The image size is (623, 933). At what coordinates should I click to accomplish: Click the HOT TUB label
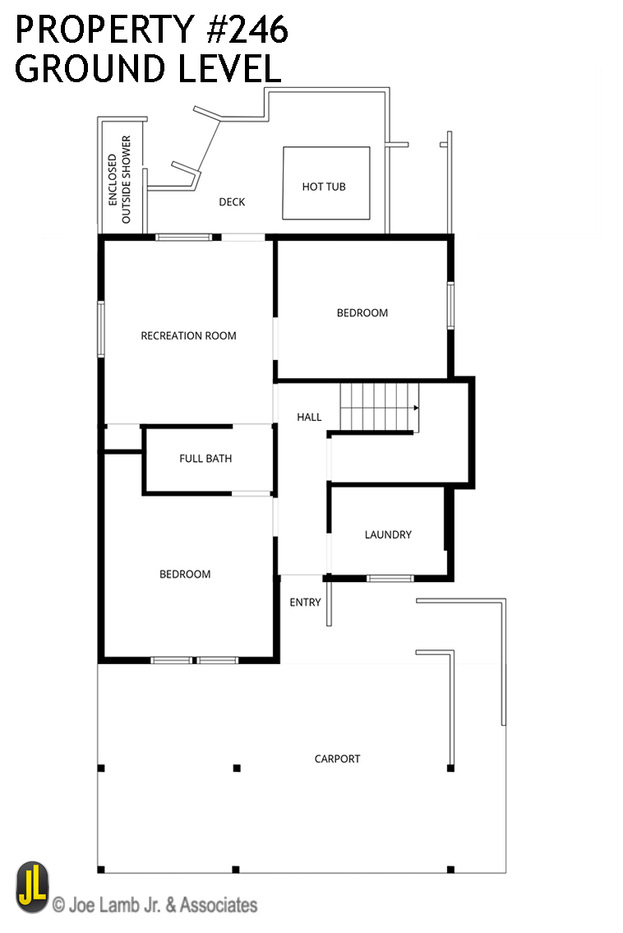(x=324, y=187)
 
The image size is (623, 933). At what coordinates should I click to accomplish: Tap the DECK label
(x=232, y=202)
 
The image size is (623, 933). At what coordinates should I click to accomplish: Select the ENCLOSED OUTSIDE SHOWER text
(x=119, y=180)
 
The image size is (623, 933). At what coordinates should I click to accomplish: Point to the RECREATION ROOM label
(x=188, y=335)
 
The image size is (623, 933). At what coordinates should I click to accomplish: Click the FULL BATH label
(x=205, y=458)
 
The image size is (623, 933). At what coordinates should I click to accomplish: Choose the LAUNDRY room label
(x=388, y=534)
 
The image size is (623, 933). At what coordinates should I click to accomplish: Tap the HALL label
(x=309, y=417)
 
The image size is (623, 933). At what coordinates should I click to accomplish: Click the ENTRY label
(x=305, y=603)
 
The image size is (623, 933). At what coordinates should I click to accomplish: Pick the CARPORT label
(x=337, y=759)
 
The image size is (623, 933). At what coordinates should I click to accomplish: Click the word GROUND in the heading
(x=90, y=68)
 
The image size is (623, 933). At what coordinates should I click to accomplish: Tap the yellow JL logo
(x=33, y=887)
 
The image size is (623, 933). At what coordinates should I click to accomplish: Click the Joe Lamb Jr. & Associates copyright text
(x=155, y=905)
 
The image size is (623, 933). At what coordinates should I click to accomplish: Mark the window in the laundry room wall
(x=390, y=579)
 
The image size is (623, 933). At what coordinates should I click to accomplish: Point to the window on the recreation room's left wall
(x=101, y=329)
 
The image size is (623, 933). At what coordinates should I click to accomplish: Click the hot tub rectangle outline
(x=326, y=147)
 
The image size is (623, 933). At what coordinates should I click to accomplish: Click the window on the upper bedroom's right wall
(x=450, y=305)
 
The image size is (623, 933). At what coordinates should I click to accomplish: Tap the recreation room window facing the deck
(x=184, y=238)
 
